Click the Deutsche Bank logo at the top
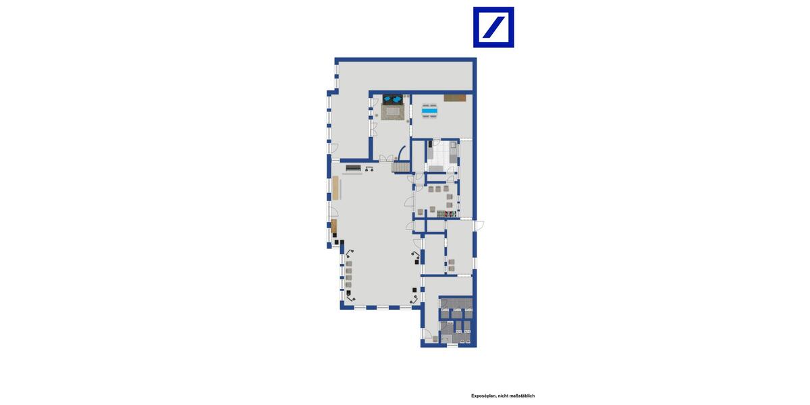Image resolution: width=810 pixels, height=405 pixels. click(493, 27)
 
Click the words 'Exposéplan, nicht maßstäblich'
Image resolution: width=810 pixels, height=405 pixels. click(503, 396)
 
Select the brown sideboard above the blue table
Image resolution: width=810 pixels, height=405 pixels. click(455, 98)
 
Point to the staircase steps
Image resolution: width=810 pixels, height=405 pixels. click(401, 166)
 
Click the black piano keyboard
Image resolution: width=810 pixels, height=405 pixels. click(353, 167)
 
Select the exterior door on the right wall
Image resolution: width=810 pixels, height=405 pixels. click(478, 225)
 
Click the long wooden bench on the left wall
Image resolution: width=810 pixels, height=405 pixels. click(335, 187)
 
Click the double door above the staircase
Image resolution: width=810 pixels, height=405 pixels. click(385, 158)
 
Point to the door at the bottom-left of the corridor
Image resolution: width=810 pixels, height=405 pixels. click(427, 334)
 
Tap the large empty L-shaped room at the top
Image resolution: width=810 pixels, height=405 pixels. click(405, 75)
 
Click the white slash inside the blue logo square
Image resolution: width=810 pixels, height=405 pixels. click(493, 27)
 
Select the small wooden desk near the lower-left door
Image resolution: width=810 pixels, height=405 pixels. click(333, 225)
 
